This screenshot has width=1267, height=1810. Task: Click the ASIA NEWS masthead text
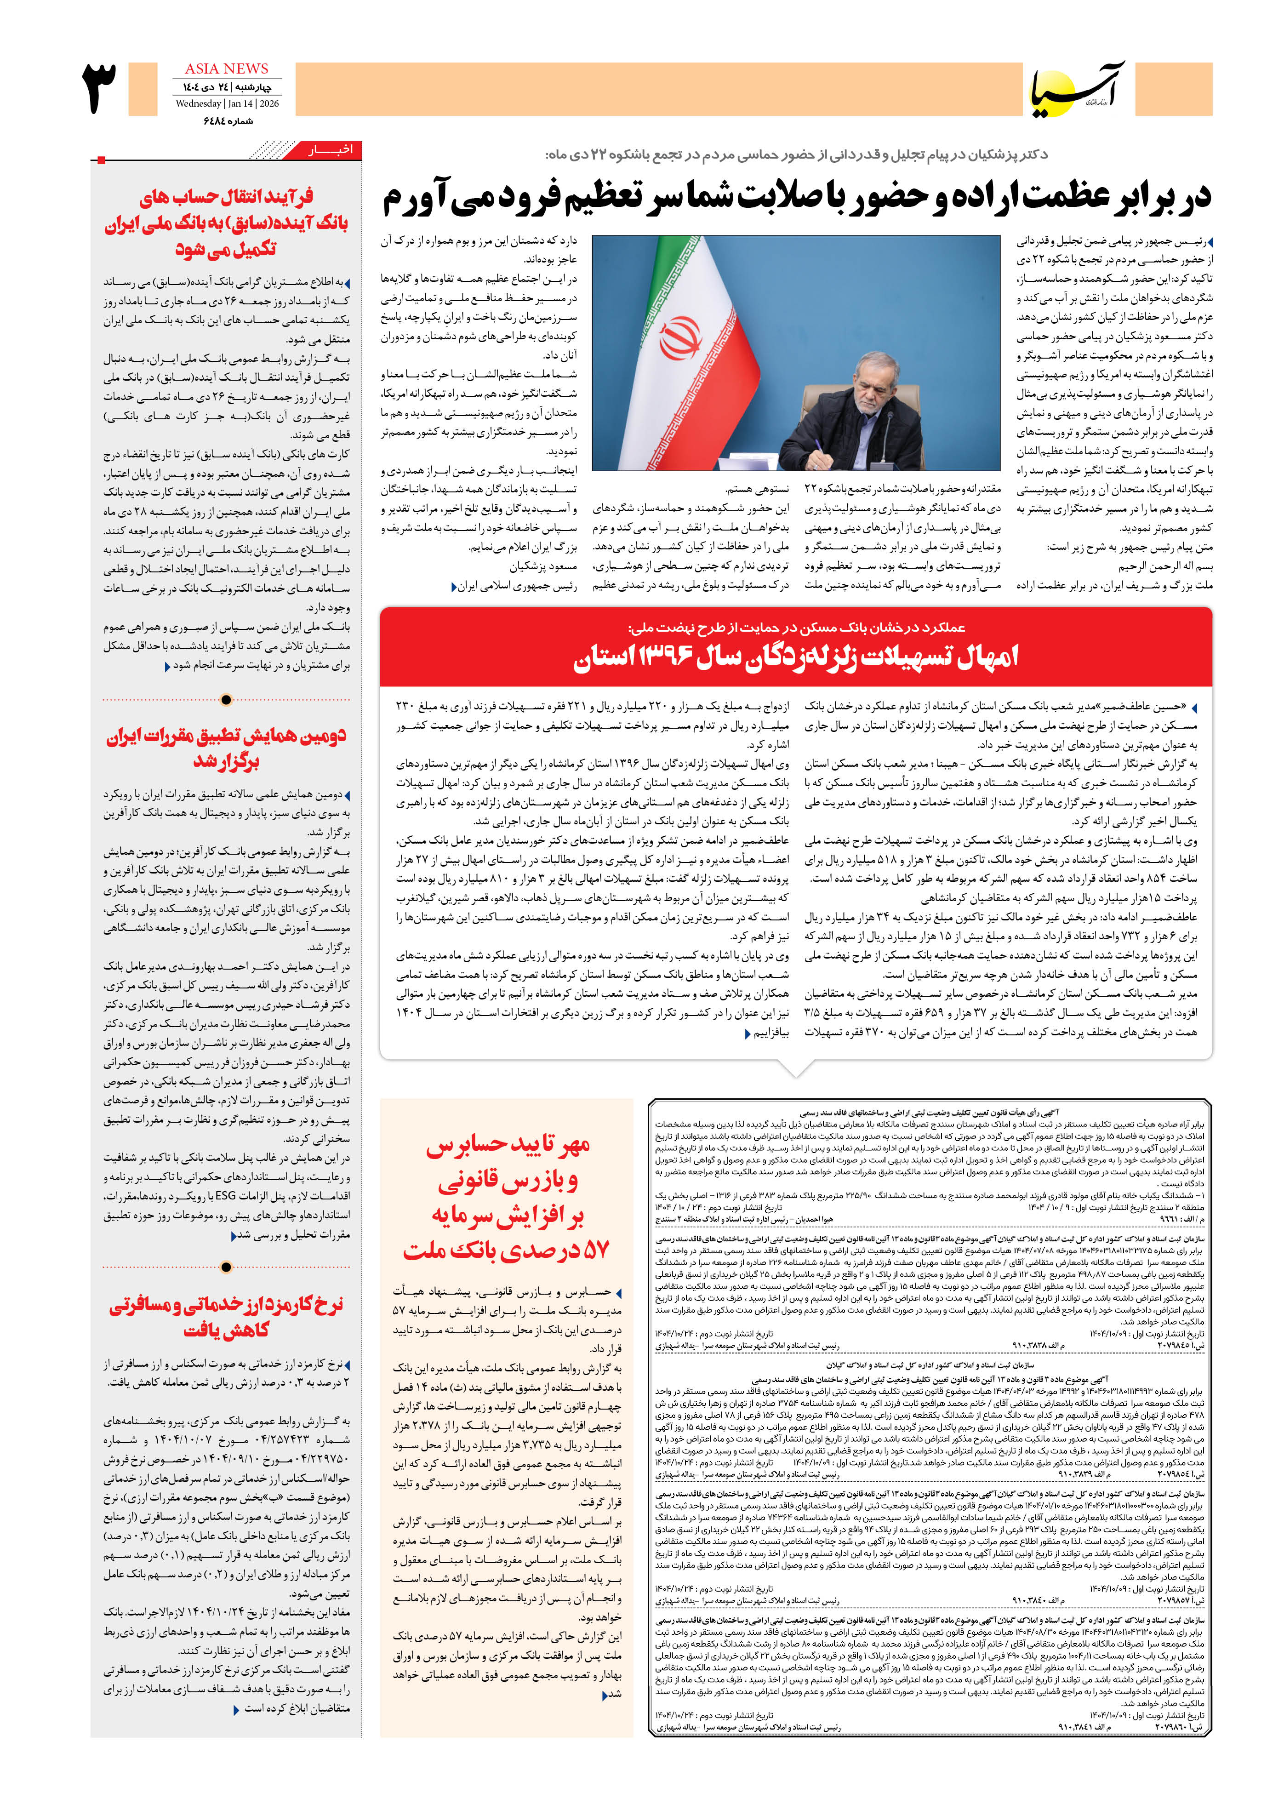(x=226, y=69)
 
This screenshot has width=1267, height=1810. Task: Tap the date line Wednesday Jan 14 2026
(x=226, y=103)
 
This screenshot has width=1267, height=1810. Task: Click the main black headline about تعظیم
(x=796, y=197)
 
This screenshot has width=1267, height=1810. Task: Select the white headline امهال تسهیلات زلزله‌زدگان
(x=795, y=657)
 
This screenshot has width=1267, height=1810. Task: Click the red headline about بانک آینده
(x=226, y=223)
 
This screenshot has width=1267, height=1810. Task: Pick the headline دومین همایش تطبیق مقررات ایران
(x=226, y=749)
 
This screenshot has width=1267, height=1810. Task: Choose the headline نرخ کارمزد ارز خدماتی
(x=226, y=1317)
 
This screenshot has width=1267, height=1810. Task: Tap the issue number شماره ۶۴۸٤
(x=228, y=120)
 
